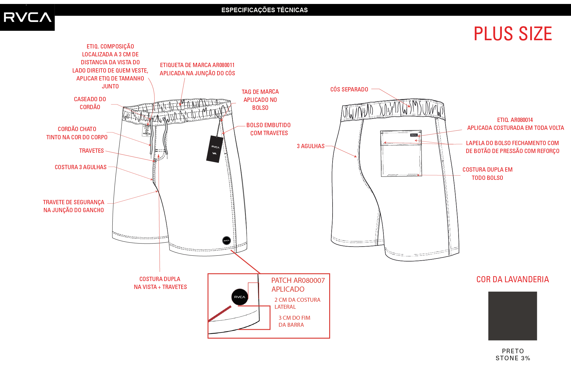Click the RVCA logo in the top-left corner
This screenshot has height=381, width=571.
(x=27, y=17)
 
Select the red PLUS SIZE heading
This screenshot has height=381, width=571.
(x=513, y=34)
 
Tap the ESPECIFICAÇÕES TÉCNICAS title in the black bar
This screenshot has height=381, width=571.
(x=264, y=10)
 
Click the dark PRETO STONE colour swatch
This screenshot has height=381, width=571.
(x=513, y=316)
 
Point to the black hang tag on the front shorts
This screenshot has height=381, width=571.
(x=215, y=149)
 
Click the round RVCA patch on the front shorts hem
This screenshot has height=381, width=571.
(x=227, y=240)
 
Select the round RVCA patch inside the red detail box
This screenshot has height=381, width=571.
(x=240, y=297)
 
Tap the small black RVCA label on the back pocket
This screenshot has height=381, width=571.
(x=414, y=135)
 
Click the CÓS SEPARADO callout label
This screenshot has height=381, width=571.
(x=349, y=89)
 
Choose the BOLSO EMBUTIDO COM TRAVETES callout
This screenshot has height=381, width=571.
(x=269, y=129)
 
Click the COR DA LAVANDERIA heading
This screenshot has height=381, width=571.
(x=513, y=279)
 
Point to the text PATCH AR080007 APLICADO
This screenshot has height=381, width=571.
(x=298, y=285)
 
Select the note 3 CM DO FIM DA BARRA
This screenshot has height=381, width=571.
(x=294, y=321)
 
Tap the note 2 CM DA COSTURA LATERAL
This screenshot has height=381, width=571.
(x=297, y=303)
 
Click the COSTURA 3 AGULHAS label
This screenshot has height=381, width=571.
(x=81, y=167)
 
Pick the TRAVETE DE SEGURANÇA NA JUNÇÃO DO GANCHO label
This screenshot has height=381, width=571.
(x=74, y=206)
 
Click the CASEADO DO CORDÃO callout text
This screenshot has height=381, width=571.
(x=90, y=103)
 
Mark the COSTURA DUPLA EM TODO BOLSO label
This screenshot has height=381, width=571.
(x=487, y=173)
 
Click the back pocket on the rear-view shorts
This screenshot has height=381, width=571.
(x=401, y=153)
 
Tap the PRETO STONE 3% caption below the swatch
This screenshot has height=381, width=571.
(x=513, y=354)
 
